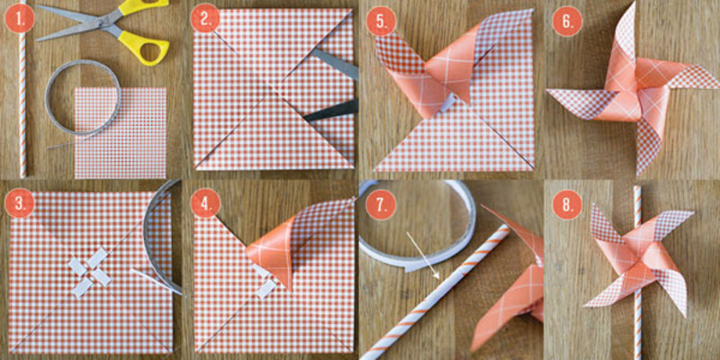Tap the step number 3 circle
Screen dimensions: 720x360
coord(20,203)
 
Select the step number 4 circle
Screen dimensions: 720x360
coord(205,203)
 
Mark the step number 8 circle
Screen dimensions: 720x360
coord(567,204)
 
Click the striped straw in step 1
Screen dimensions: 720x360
coord(22,89)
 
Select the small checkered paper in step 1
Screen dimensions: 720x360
coord(121,132)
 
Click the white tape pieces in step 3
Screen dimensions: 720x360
coord(89,272)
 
